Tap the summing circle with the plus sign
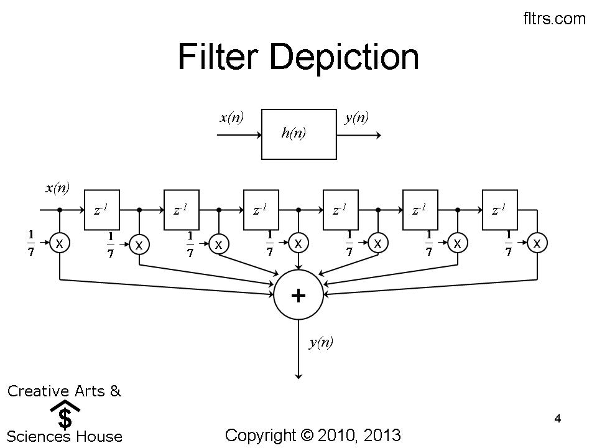[298, 295]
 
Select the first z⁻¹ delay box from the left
[101, 210]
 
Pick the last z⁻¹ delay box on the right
[499, 210]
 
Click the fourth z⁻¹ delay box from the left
[340, 210]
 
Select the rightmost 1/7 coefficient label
[508, 243]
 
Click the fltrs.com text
[555, 19]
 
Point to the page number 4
[558, 419]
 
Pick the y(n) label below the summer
[321, 342]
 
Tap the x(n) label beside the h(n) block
[231, 118]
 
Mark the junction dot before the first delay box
[60, 210]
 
